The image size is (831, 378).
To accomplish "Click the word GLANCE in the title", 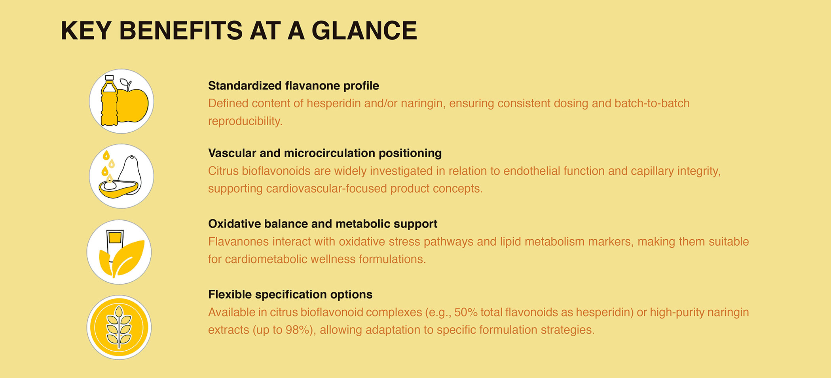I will (364, 31).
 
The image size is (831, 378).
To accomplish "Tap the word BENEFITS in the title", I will (180, 31).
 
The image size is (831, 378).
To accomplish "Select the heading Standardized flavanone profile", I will (293, 86).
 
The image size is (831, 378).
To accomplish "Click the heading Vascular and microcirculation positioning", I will (324, 153).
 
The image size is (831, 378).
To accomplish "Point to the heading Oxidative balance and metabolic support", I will (323, 224).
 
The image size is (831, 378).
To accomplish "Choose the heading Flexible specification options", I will (290, 294).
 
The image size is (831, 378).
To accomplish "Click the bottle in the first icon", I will (109, 102).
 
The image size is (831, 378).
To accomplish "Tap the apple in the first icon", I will (134, 104).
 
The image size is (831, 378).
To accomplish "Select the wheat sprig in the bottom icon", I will (119, 328).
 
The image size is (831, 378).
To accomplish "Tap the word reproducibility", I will (245, 121).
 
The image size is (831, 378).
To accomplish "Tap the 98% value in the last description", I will (297, 330).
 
